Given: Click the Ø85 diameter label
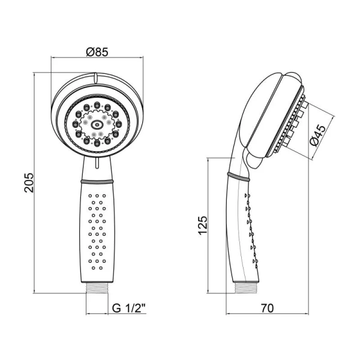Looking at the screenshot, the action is [x=97, y=52].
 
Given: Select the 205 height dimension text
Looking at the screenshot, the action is [x=29, y=183].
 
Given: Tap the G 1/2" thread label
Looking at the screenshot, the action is [x=129, y=308].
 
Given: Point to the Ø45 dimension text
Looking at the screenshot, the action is [x=317, y=136].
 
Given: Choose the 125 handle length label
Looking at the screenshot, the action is [x=203, y=225].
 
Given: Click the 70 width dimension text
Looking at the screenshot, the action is [x=267, y=308].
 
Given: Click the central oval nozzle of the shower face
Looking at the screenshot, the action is [x=97, y=125].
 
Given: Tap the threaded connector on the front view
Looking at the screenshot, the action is [x=97, y=287].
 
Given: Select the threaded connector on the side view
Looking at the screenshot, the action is [x=247, y=287].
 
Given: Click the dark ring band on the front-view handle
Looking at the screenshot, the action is [x=97, y=181].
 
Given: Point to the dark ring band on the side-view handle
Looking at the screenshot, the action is [x=238, y=177].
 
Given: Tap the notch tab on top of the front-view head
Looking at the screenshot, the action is [x=95, y=78].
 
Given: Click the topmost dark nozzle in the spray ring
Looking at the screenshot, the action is [x=97, y=105].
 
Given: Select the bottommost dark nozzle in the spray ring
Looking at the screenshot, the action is [x=97, y=143].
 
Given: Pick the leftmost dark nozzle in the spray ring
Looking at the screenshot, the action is [x=76, y=124].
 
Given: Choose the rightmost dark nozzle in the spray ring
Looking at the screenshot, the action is [x=118, y=124].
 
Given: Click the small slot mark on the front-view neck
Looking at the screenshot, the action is [x=97, y=163].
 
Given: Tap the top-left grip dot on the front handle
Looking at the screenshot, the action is [x=90, y=196].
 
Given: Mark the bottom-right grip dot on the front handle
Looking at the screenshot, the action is [x=101, y=268].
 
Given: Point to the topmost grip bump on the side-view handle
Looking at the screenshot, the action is [x=247, y=196].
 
